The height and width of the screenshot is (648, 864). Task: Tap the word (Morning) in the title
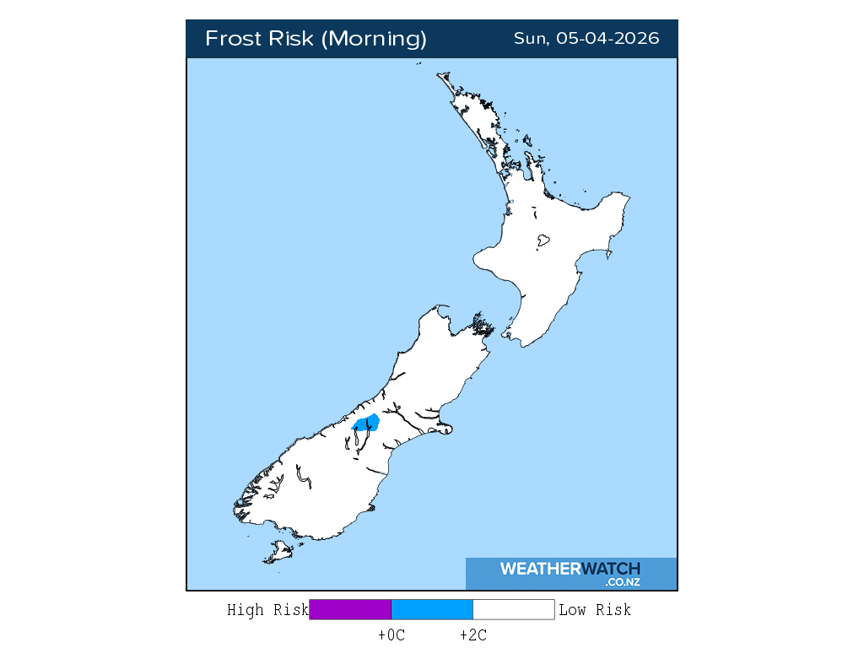point(375,39)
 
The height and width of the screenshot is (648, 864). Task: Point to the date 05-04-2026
point(607,39)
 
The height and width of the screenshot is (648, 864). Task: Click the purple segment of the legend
point(350,609)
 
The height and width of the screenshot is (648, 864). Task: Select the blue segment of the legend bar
point(432,609)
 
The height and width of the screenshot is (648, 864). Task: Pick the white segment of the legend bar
point(513,609)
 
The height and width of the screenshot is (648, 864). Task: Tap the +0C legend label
point(391,635)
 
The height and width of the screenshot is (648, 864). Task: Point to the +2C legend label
point(472,635)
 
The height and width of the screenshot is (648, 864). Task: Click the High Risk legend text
point(267,610)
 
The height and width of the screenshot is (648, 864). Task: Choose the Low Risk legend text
point(595,610)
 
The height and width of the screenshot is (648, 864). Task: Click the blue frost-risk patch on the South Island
point(366,423)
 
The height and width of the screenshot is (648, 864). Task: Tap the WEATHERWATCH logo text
point(570,569)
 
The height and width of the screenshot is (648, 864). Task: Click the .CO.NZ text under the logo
point(623,582)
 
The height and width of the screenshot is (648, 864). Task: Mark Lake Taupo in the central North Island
point(543,241)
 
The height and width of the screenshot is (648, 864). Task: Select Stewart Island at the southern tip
point(278,553)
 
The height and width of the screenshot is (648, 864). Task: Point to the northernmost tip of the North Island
point(440,74)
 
